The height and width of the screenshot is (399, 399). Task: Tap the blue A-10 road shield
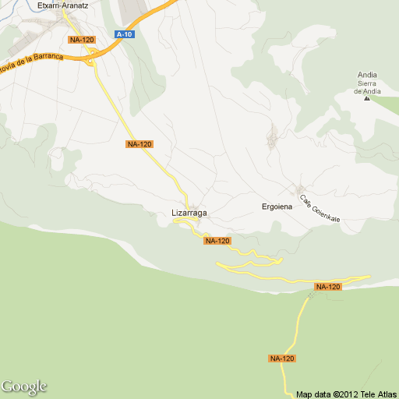tap(123, 34)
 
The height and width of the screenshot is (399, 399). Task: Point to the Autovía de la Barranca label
tap(31, 60)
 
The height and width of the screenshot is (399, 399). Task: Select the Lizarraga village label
tap(189, 212)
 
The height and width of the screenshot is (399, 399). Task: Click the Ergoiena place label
tap(277, 207)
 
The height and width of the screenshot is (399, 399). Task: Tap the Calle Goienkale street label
tap(320, 208)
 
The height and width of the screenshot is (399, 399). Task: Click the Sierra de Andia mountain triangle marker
tap(367, 100)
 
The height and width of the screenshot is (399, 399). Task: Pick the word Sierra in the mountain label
tap(367, 83)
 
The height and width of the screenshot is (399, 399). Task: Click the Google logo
tap(24, 387)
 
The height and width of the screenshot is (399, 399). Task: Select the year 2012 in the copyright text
tap(344, 394)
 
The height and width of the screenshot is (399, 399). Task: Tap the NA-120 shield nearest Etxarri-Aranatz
tap(81, 39)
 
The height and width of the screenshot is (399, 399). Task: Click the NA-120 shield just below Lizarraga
tap(217, 241)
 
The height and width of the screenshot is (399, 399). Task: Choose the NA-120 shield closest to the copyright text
tap(282, 358)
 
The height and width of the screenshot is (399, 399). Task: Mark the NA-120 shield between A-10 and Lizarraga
tap(139, 144)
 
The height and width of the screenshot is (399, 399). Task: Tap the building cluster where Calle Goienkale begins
tap(300, 190)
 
